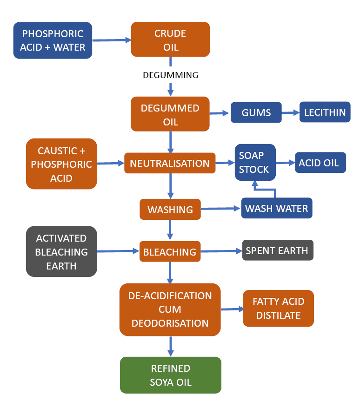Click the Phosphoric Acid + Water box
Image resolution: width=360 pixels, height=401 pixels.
click(53, 40)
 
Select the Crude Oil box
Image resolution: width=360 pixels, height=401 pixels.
click(170, 40)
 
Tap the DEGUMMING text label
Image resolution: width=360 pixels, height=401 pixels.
click(170, 75)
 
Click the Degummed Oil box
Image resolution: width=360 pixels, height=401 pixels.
click(170, 114)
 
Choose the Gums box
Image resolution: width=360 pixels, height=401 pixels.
click(256, 113)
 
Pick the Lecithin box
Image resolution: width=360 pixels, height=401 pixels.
click(325, 112)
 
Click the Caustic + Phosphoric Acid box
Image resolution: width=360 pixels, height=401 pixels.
click(61, 164)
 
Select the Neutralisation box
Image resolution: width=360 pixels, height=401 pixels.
click(170, 163)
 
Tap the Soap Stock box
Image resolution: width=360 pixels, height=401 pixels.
click(255, 163)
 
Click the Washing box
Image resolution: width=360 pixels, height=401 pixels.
click(170, 210)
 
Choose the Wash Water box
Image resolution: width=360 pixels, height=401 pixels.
click(276, 208)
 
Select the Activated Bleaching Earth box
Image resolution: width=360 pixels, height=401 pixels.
click(61, 251)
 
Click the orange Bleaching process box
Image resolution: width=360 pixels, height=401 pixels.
click(170, 251)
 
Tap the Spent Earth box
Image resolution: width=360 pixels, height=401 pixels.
click(277, 250)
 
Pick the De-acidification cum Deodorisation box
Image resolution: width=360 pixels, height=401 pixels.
click(170, 309)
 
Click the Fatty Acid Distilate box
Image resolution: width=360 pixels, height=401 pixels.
click(278, 309)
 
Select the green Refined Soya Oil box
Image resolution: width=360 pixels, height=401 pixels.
click(170, 375)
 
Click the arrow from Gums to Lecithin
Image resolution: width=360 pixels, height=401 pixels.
click(290, 112)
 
